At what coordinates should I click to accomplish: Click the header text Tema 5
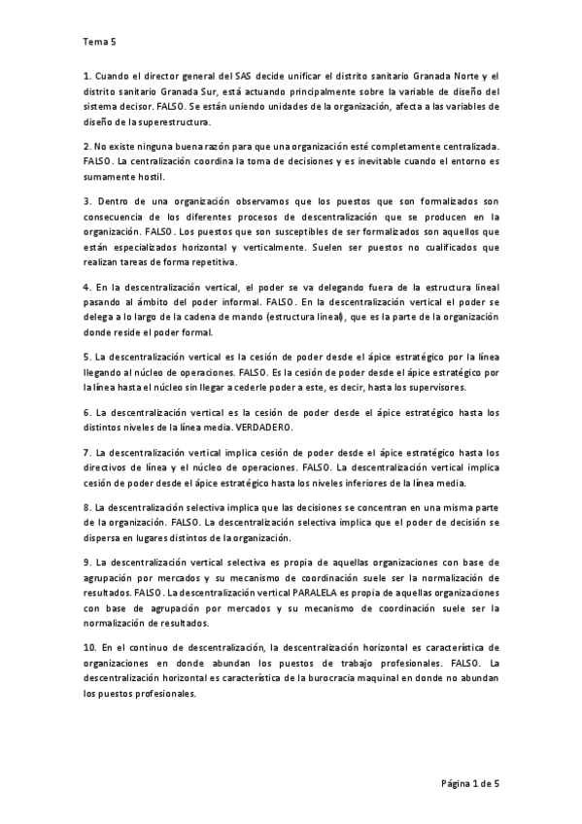[x=100, y=43]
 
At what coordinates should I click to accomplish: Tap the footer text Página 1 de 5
[x=469, y=783]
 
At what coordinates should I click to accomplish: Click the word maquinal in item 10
[x=368, y=679]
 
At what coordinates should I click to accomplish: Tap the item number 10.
[x=89, y=647]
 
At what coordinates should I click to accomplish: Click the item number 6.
[x=86, y=413]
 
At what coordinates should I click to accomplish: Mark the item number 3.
[x=86, y=201]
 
